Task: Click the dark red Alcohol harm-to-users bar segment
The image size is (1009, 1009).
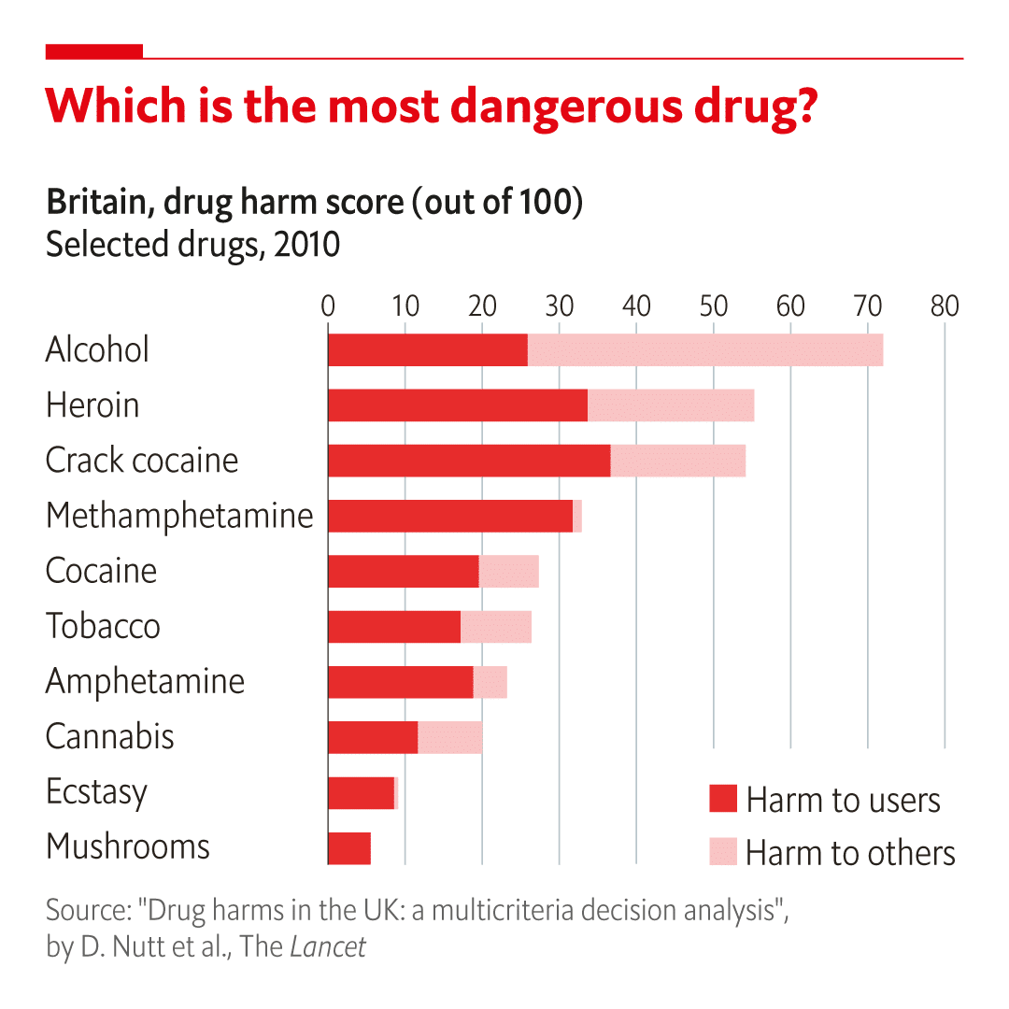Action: point(428,350)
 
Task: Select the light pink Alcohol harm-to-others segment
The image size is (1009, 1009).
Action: point(705,350)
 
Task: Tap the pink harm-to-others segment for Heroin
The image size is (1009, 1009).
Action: point(671,405)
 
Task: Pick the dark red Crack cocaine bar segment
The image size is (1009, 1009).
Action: point(469,461)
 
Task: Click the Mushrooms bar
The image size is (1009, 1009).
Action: point(349,848)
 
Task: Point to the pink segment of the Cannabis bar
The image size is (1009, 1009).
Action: point(449,737)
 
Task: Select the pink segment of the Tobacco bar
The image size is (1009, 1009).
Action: point(496,627)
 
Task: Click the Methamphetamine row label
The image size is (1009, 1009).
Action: point(179,516)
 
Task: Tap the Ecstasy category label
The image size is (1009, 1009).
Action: point(96,791)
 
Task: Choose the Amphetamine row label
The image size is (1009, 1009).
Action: point(146,682)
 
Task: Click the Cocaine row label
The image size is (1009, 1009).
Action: point(101,571)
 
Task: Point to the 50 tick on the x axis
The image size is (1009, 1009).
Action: point(713,306)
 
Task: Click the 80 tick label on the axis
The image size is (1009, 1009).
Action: point(945,306)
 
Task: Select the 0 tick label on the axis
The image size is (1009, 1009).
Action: point(328,306)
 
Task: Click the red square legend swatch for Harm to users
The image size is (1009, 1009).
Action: point(722,799)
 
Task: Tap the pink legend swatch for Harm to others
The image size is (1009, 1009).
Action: point(722,851)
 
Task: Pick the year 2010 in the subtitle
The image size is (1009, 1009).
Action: point(307,245)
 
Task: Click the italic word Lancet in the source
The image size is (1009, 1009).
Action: point(328,946)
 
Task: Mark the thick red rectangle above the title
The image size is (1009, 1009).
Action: point(94,51)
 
